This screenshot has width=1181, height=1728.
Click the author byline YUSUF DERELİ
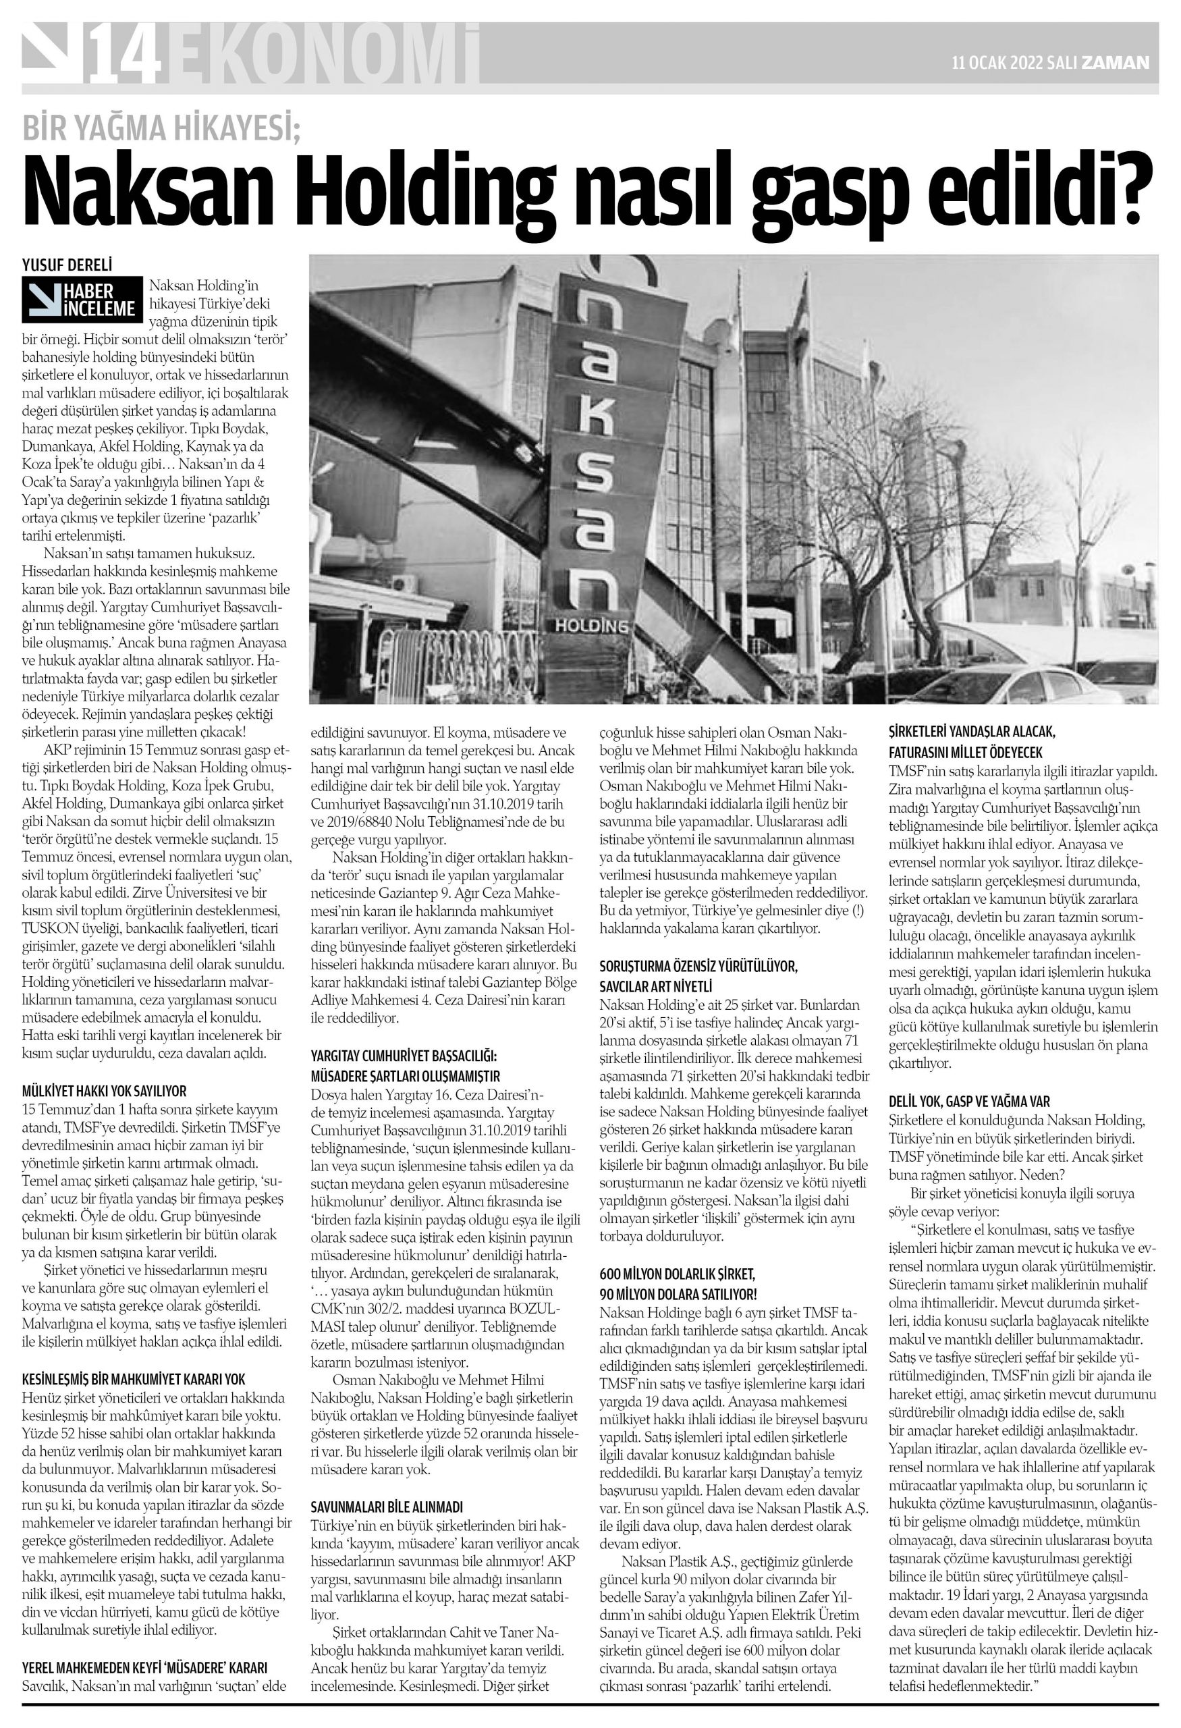[x=67, y=263]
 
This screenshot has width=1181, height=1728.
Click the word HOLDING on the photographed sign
[x=591, y=626]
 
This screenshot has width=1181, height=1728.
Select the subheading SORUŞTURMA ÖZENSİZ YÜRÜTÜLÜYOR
[x=698, y=967]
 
